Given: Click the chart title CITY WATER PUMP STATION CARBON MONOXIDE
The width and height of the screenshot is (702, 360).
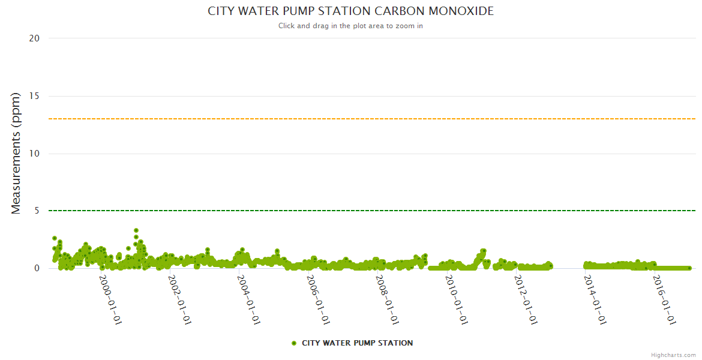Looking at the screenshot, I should coord(351,11).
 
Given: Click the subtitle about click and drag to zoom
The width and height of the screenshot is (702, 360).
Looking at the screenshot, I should coord(351,26).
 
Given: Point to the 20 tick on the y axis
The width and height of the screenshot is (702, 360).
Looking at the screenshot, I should coord(34,38).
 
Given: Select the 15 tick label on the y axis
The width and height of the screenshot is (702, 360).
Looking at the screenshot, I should coord(34,96).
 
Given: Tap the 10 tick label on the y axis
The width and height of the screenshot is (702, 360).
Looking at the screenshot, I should coord(34,154).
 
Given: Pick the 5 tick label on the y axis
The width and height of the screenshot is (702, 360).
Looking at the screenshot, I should coord(37,211).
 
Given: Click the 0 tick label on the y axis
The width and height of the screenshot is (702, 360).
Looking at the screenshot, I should coord(37,268).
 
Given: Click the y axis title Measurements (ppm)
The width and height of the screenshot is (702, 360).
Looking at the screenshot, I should coord(16,154).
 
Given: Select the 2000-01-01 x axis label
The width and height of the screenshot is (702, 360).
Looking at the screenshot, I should coord(110,300).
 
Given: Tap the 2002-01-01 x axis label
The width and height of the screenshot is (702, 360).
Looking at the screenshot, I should coord(179,300).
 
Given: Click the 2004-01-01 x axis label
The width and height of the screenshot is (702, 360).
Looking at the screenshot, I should coord(248,300).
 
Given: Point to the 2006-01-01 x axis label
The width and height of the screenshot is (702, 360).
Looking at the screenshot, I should coord(318,300).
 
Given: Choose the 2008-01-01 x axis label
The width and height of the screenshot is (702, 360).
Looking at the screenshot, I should coord(388,300).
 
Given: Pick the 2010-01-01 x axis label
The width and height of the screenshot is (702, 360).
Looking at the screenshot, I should coord(457,300).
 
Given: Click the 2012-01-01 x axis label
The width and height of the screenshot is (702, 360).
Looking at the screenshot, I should coord(526,300).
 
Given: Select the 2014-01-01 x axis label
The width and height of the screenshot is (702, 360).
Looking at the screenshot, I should coord(595,300).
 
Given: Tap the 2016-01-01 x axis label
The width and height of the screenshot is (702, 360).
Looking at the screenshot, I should coord(665,300).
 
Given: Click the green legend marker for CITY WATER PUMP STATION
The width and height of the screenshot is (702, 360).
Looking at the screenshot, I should coord(294,343).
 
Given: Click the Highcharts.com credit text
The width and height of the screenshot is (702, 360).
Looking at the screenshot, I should coord(673,355).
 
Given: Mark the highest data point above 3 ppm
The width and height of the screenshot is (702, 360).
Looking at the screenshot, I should coord(136,230).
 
